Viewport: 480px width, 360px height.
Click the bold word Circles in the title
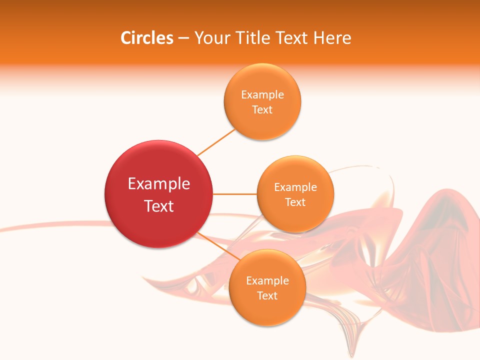tap(146, 38)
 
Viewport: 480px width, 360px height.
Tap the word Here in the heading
tap(332, 38)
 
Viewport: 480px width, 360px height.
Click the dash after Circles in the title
tap(183, 38)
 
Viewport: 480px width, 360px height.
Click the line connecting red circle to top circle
tap(216, 142)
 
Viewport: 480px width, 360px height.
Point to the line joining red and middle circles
tap(235, 194)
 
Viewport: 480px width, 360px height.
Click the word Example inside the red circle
tap(159, 184)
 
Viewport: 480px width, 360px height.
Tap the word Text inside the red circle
tap(159, 206)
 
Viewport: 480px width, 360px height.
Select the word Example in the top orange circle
tap(262, 95)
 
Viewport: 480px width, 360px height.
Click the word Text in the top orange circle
tap(262, 110)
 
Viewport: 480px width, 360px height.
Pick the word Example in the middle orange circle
tap(295, 187)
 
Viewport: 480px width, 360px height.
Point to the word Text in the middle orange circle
tap(295, 202)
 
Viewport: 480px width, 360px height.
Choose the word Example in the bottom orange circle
tap(267, 281)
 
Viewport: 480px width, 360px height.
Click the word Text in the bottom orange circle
tap(267, 296)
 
